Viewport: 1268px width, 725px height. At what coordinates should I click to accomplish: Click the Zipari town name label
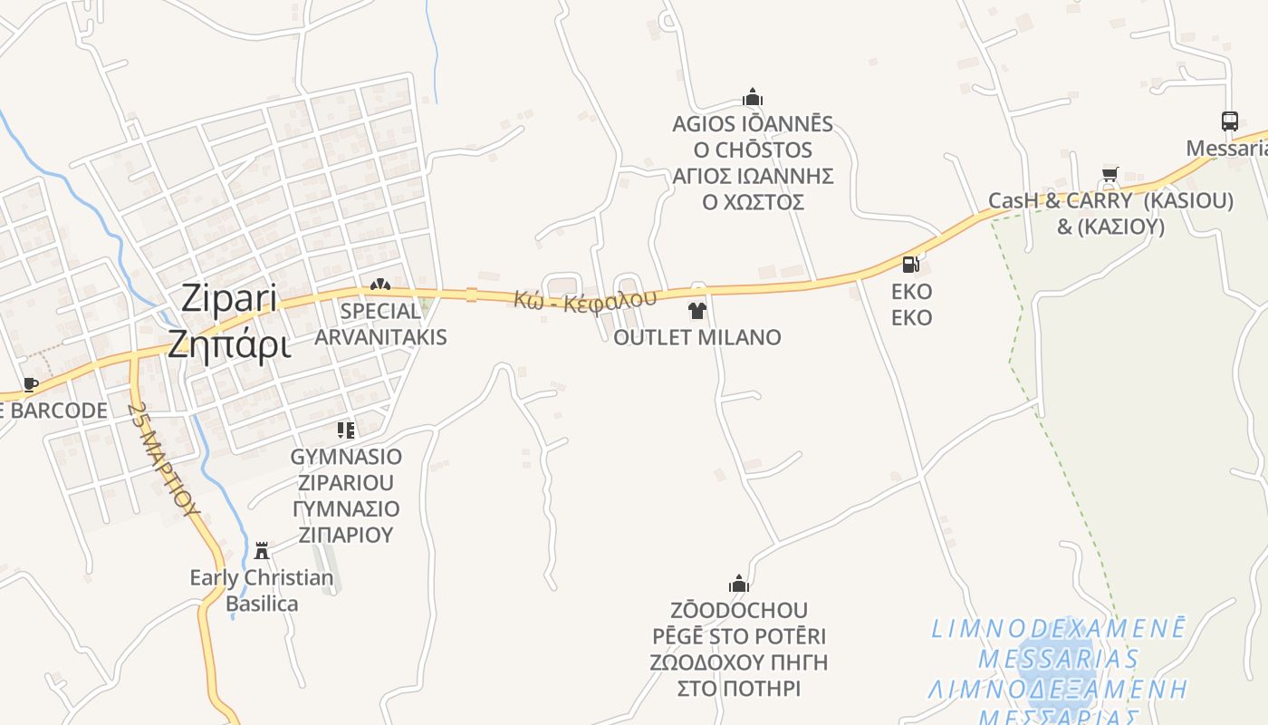230,298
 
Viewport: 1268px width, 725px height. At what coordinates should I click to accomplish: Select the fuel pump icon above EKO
911,265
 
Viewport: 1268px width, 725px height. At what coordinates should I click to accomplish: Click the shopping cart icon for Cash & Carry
1109,174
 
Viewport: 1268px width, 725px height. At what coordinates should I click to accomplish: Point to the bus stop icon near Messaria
1229,121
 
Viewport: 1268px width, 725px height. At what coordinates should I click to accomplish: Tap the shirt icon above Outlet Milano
696,312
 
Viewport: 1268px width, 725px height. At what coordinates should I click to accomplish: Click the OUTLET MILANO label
696,337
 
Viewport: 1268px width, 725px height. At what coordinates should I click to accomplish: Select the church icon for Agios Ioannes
752,97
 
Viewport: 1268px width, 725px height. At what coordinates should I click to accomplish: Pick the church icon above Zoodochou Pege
738,584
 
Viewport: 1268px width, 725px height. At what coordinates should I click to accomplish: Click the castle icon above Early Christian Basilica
262,550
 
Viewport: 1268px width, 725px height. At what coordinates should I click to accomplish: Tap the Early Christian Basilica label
262,590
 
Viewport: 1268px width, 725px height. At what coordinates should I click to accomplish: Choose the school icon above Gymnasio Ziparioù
345,430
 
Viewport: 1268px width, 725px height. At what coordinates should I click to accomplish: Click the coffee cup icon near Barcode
31,384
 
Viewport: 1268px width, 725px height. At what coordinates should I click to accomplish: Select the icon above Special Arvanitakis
379,285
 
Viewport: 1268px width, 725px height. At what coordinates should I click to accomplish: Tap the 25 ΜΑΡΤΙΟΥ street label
164,459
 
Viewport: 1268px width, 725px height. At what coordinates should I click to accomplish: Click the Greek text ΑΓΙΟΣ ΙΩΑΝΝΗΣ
753,176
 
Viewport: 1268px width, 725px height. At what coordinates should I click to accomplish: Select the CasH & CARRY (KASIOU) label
1110,201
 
